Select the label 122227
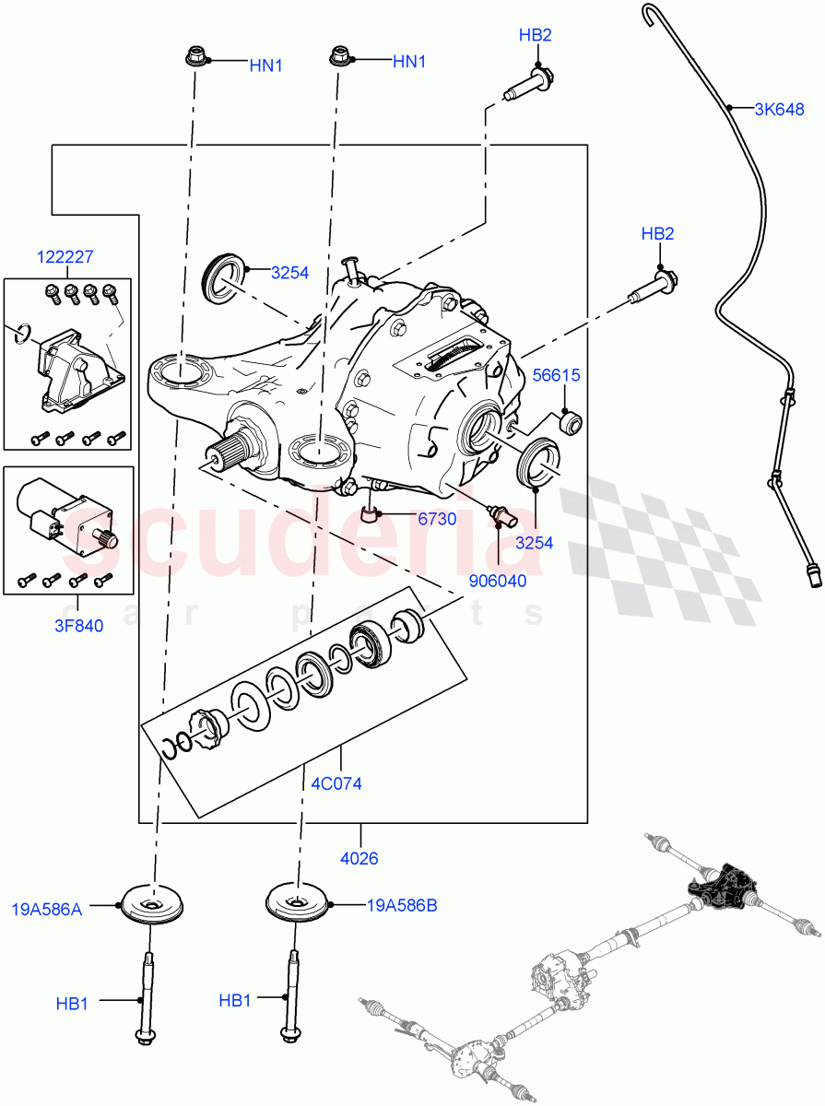[x=65, y=259]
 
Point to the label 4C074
[x=337, y=783]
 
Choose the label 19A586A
[x=46, y=910]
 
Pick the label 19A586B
[x=401, y=905]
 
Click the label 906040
[x=498, y=582]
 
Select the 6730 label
[x=437, y=519]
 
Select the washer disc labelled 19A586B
[x=298, y=901]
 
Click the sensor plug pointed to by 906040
[x=500, y=516]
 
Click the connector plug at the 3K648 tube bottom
[x=811, y=579]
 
